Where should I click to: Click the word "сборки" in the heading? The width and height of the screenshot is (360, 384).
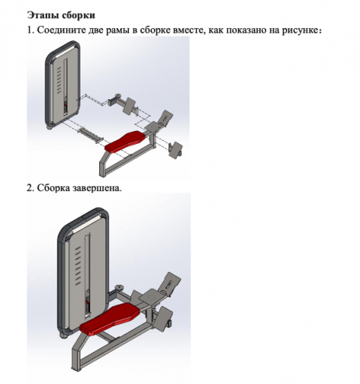80,15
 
